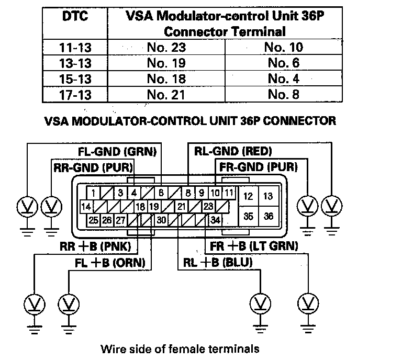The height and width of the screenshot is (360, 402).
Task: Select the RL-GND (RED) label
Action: pos(232,152)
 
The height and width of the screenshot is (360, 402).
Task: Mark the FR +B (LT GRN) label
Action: pos(254,245)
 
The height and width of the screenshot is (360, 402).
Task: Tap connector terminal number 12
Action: pos(249,196)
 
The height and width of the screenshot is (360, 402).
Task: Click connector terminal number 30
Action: pos(162,220)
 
